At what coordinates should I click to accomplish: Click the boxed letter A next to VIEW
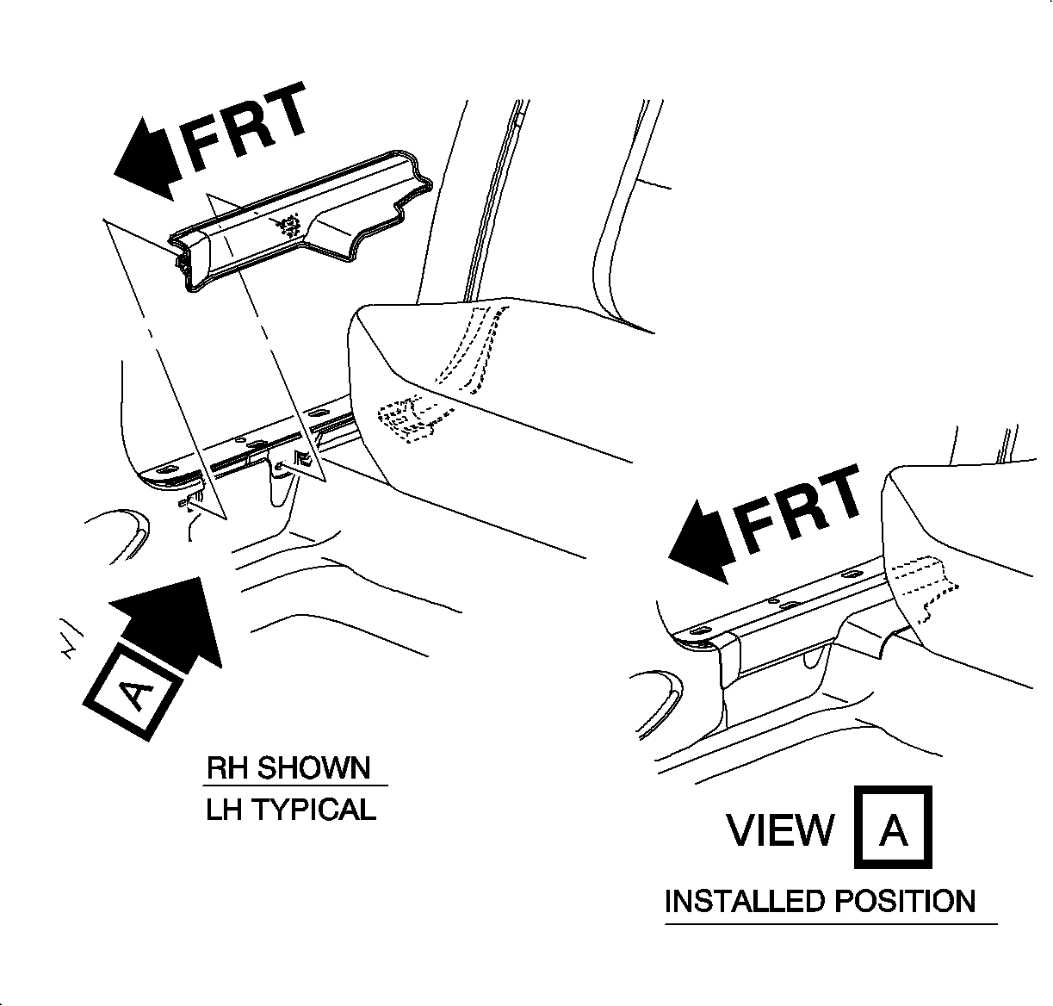click(x=893, y=827)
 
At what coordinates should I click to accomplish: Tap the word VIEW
click(x=780, y=829)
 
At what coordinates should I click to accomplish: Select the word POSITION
click(x=904, y=902)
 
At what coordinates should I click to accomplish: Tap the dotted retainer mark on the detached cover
click(x=289, y=225)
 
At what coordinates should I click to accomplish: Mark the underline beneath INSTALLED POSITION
click(x=830, y=924)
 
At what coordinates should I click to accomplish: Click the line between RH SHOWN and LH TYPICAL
click(x=296, y=786)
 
